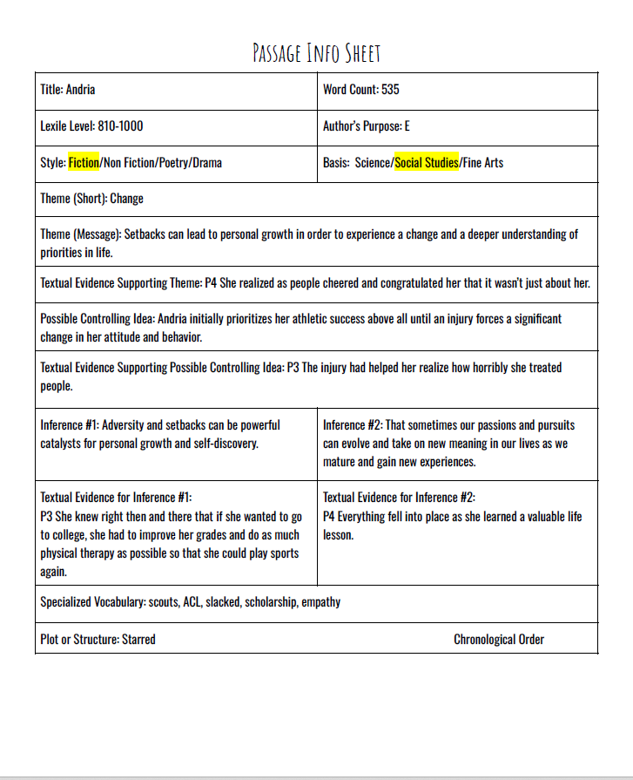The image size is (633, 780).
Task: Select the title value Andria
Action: coord(80,90)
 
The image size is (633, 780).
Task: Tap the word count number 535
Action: coord(390,90)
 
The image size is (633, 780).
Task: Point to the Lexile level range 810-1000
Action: coord(120,126)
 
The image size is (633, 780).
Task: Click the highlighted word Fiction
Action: coord(84,163)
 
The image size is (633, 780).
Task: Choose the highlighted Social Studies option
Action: coord(427,163)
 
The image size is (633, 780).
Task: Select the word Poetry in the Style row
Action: coord(169,163)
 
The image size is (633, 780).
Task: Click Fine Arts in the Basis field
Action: coord(483,163)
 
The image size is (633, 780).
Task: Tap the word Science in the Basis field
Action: coord(374,163)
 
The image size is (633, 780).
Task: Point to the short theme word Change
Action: coord(127,199)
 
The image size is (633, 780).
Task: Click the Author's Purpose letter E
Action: coord(407,126)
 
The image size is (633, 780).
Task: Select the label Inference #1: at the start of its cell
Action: coord(73,425)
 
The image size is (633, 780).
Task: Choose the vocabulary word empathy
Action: coord(321,602)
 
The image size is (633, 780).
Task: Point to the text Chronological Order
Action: coord(499,640)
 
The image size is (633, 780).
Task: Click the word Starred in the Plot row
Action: coord(138,640)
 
